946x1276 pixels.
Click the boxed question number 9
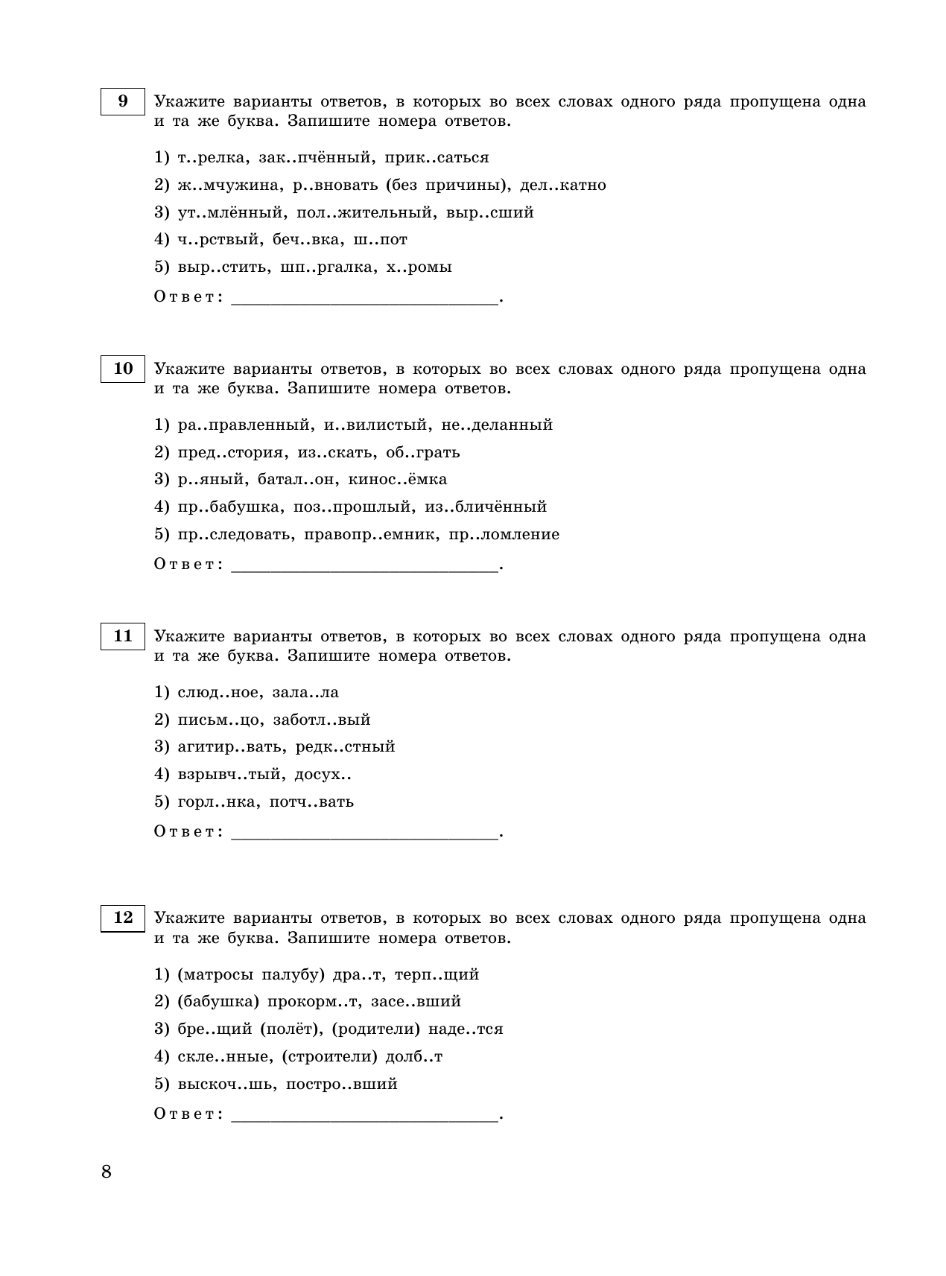[122, 101]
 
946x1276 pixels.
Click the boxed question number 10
[122, 369]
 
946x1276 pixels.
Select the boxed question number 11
[122, 636]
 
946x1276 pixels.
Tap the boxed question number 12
[122, 918]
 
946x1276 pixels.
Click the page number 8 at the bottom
[106, 1172]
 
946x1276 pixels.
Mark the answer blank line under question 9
[364, 302]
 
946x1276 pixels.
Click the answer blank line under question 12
[364, 1119]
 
